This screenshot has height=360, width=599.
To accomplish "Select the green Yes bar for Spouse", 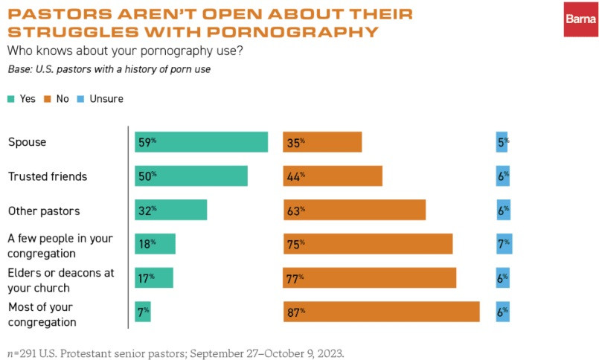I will (201, 142).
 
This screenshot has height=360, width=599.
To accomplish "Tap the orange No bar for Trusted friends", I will (332, 176).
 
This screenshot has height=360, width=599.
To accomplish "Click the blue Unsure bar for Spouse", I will (502, 142).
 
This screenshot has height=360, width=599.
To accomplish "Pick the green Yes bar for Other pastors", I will (170, 210).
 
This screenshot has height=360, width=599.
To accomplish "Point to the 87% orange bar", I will (381, 312).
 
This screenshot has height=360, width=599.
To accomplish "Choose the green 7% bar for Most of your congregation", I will (142, 312).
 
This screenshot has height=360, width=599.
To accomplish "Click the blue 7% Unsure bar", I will (504, 244).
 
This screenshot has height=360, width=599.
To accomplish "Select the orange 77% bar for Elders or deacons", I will (369, 278).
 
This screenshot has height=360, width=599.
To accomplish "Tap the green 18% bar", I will (155, 244).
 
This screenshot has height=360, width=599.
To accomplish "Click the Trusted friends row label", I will (48, 176).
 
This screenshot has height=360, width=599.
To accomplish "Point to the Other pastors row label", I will (43, 210).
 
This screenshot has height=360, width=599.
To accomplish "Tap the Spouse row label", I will (25, 142).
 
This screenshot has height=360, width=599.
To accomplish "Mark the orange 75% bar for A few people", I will (368, 244).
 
